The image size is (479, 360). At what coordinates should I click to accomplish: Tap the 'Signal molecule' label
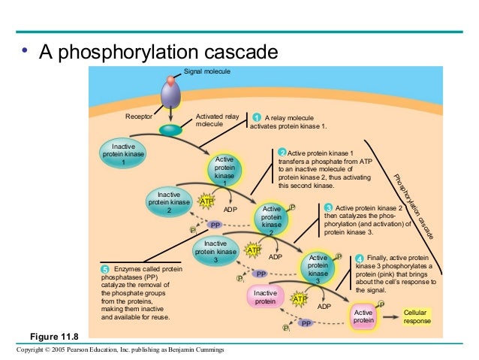click(x=207, y=71)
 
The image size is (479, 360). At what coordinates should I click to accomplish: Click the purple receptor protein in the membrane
click(x=171, y=94)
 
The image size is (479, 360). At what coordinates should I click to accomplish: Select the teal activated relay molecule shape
click(x=170, y=130)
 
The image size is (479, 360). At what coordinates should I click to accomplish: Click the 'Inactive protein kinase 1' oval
click(x=123, y=153)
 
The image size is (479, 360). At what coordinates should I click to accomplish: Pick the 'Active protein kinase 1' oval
click(x=224, y=171)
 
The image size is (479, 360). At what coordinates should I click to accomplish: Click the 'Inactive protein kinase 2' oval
click(x=169, y=202)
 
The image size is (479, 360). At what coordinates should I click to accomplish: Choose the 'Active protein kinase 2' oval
click(x=272, y=219)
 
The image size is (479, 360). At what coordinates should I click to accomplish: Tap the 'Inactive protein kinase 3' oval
click(x=215, y=251)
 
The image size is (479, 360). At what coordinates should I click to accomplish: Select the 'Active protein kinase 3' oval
click(x=318, y=268)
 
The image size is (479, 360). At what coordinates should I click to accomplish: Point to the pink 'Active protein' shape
click(x=363, y=316)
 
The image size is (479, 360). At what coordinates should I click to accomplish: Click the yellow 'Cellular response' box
click(x=417, y=316)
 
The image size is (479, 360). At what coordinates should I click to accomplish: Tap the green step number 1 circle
click(x=257, y=118)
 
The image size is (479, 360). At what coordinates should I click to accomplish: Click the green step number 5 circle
click(x=105, y=269)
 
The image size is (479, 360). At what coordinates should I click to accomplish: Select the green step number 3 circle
click(x=327, y=208)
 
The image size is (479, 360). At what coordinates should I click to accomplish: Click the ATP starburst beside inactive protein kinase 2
click(x=206, y=201)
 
